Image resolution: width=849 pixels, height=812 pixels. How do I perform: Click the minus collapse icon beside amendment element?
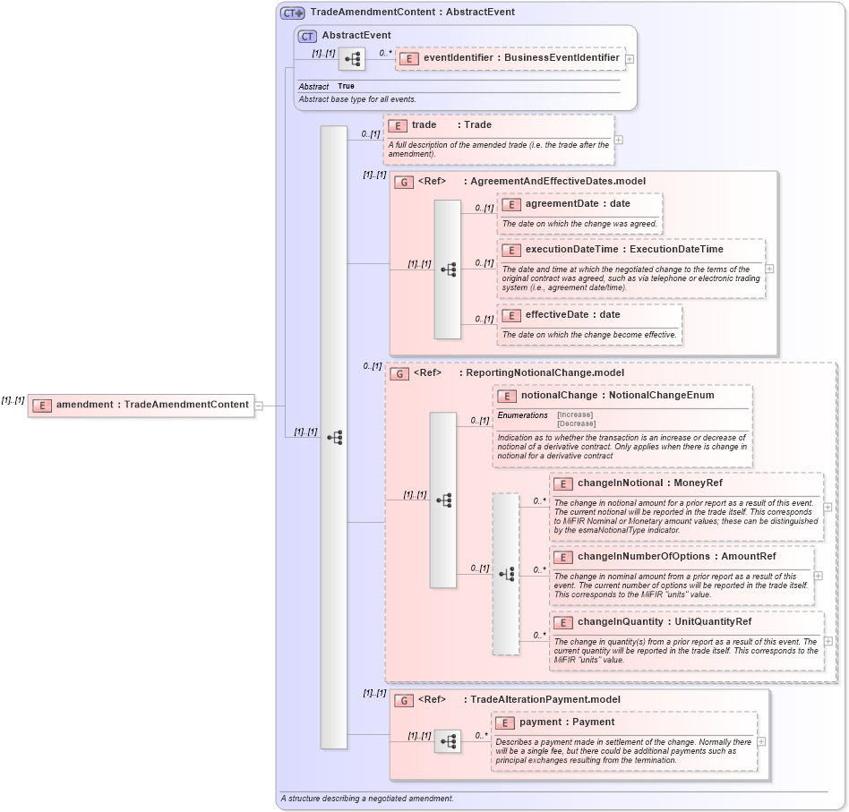pos(258,405)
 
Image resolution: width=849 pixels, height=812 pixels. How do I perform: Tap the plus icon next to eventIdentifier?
pos(630,59)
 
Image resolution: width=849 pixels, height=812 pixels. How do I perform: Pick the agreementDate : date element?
pos(577,204)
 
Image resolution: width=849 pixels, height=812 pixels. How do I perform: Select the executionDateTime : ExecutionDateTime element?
pos(623,250)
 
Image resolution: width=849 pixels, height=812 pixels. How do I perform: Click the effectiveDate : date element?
pos(571,315)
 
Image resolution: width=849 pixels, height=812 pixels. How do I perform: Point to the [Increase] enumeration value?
pos(576,415)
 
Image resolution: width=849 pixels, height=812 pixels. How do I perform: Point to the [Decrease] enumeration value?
pos(576,423)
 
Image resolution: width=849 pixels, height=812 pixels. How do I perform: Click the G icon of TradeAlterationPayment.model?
pos(404,700)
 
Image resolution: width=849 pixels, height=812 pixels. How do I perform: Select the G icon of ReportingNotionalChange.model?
pos(399,373)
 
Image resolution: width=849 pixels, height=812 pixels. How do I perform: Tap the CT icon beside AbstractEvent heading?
pos(307,36)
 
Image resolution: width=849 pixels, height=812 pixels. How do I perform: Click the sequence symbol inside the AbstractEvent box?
pos(352,59)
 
